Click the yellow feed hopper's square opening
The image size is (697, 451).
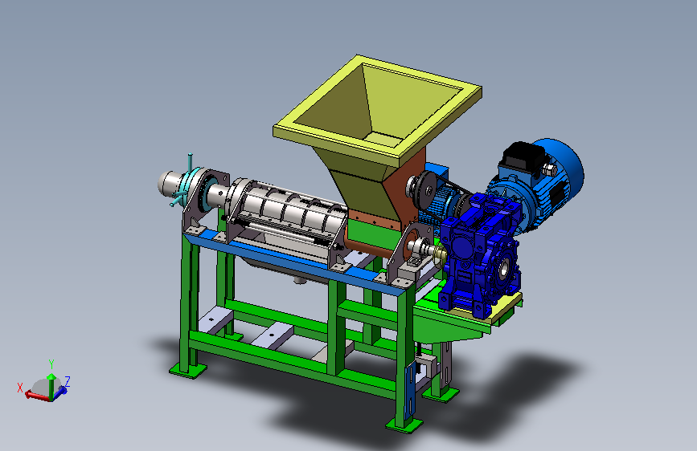tap(377, 108)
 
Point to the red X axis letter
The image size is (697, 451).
tap(19, 388)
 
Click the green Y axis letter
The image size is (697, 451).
tap(51, 364)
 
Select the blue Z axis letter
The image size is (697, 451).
tap(68, 381)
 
